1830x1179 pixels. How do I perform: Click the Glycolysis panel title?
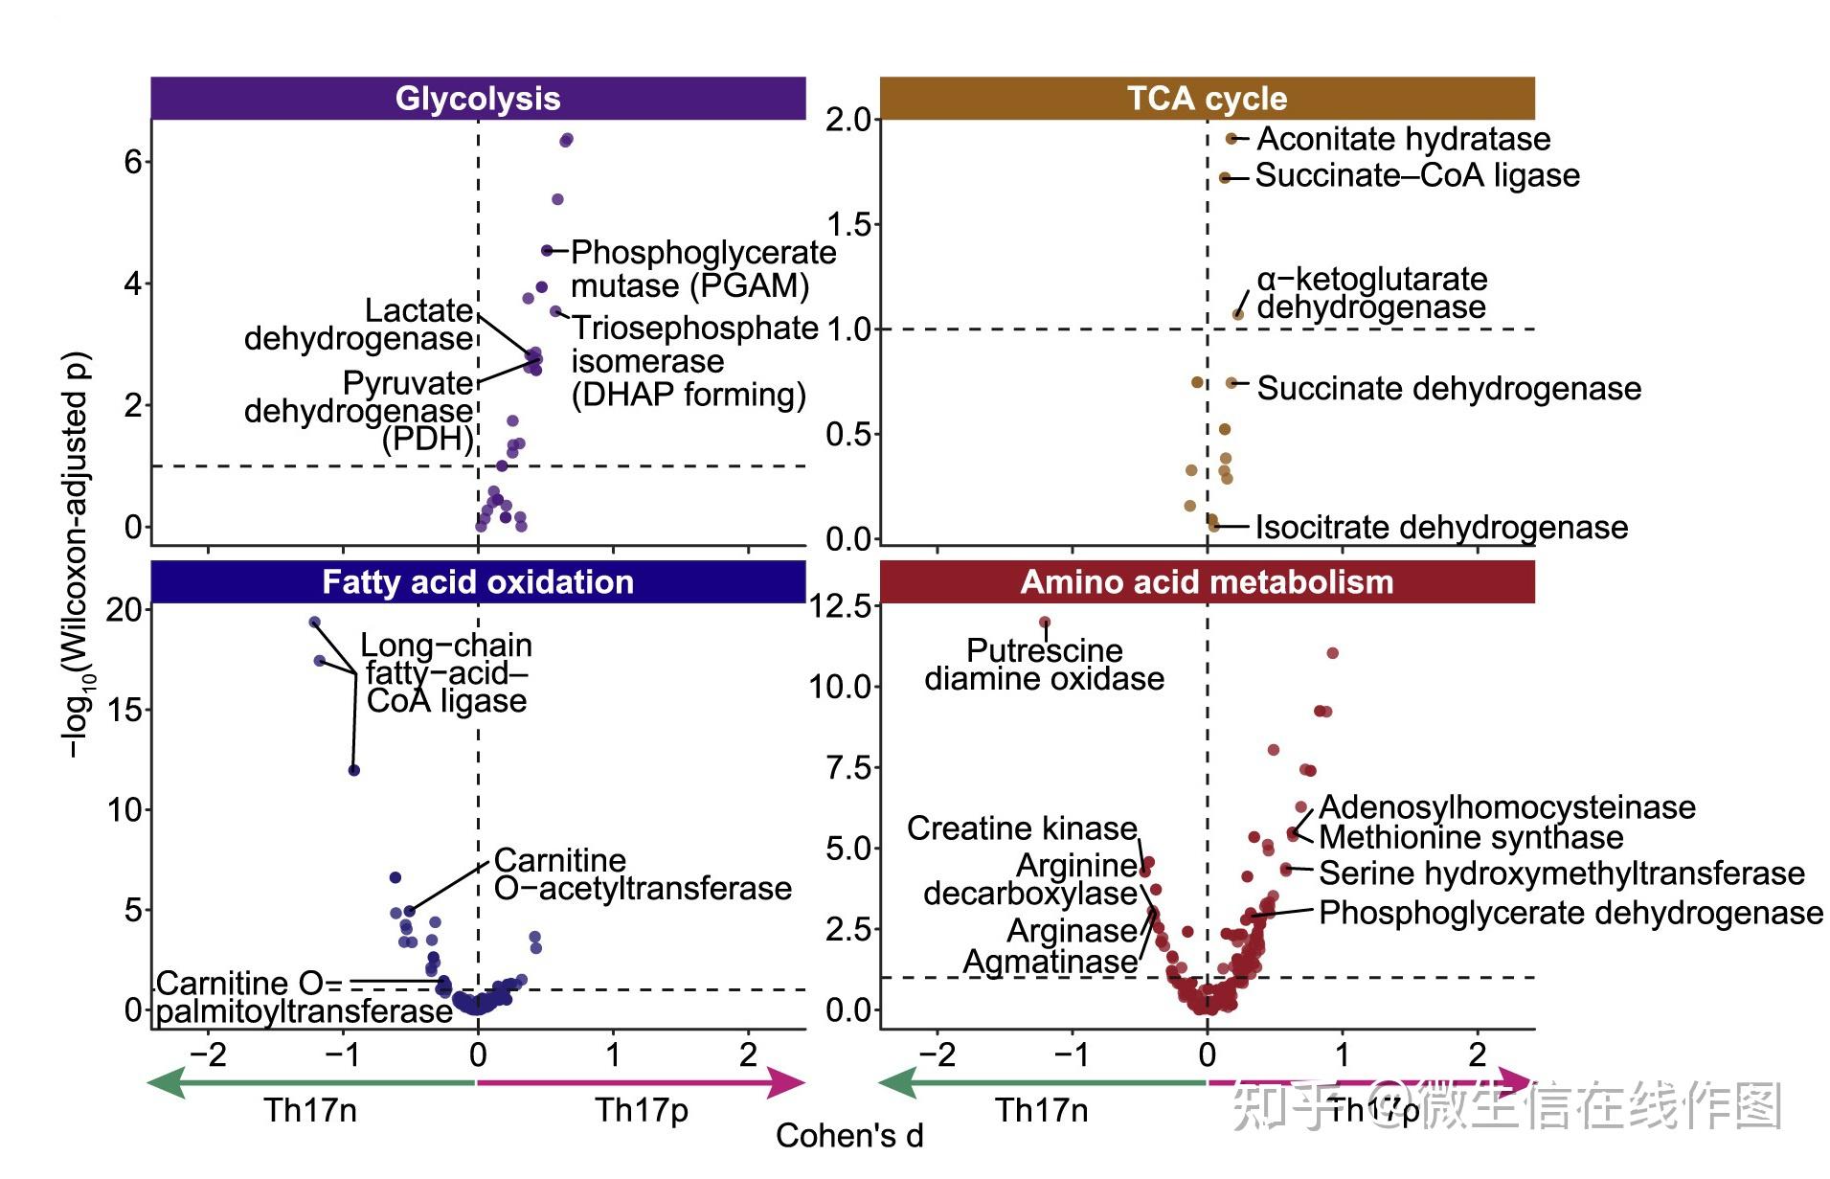(x=477, y=99)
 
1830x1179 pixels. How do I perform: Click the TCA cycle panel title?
(x=1206, y=99)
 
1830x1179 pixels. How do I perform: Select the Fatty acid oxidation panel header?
(x=477, y=581)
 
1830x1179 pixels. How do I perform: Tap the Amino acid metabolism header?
(x=1206, y=581)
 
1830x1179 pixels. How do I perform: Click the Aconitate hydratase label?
(x=1403, y=139)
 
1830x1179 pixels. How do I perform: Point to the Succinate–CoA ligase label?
(x=1416, y=175)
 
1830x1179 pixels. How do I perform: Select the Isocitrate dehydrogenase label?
(x=1441, y=527)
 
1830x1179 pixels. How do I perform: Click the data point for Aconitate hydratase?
(x=1231, y=139)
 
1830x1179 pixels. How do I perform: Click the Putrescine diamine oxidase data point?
(x=1045, y=623)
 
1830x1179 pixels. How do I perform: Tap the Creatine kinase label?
(x=1022, y=828)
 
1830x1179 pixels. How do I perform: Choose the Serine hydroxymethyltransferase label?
(x=1561, y=873)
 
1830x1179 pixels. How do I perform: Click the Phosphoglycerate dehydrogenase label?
(x=1570, y=913)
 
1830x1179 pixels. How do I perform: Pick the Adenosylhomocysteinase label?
(x=1506, y=807)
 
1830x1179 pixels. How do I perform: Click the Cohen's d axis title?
(x=849, y=1136)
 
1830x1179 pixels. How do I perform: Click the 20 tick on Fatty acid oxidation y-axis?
(x=124, y=610)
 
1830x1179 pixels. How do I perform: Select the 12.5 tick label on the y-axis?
(x=841, y=606)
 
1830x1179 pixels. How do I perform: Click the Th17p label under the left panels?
(x=642, y=1110)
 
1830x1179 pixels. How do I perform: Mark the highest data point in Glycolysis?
(x=567, y=140)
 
